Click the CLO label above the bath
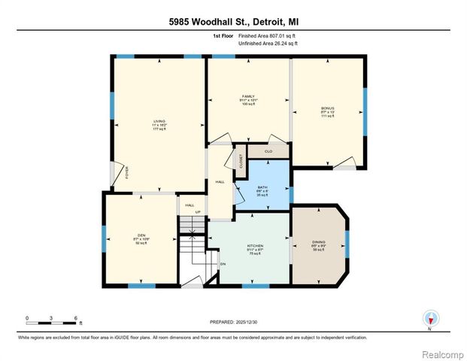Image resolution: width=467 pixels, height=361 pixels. tap(268, 151)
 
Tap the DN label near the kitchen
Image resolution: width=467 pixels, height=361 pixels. tap(223, 264)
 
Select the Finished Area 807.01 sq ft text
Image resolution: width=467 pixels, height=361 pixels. tap(268, 35)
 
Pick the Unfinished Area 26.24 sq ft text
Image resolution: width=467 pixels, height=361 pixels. tap(268, 44)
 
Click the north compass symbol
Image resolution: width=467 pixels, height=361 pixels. tap(430, 317)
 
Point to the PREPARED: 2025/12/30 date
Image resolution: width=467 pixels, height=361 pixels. tap(233, 321)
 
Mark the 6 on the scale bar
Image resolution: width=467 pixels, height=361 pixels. tap(76, 317)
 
